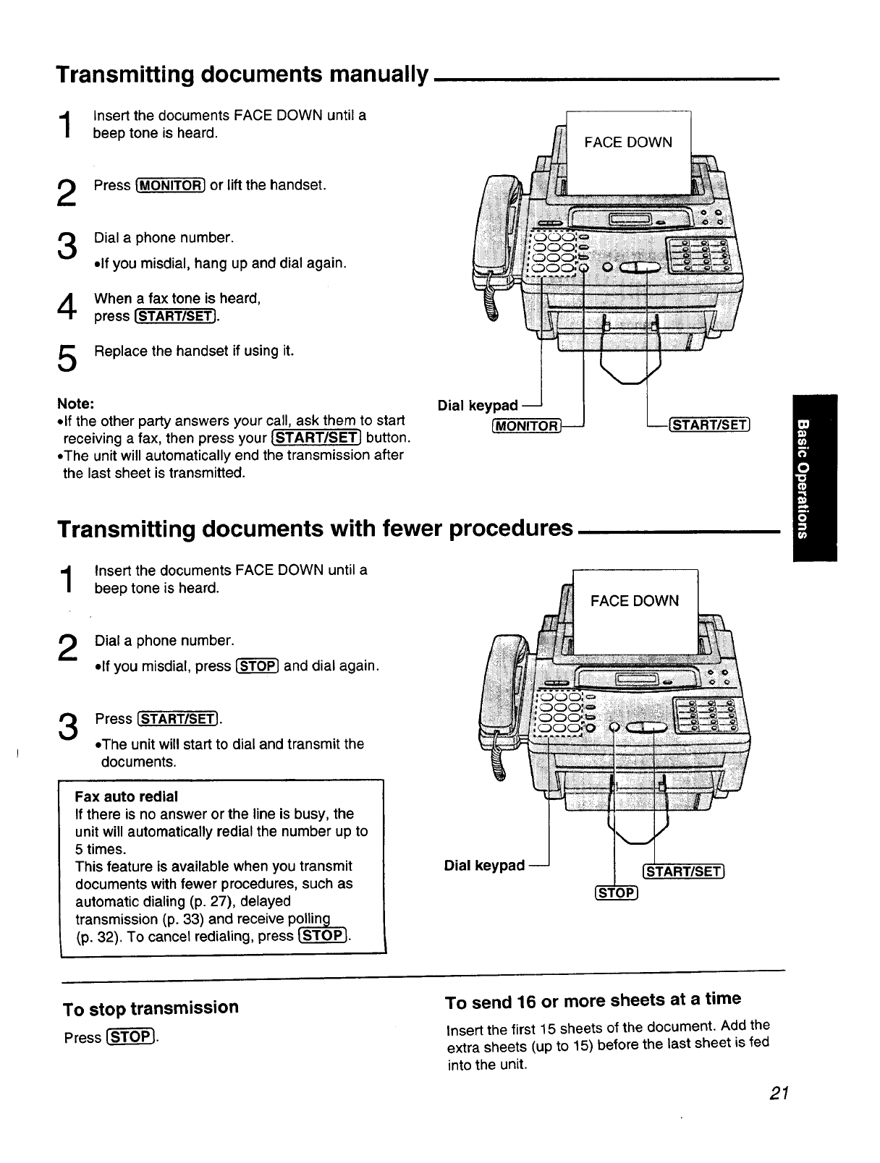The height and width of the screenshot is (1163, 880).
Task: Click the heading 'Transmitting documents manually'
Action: [242, 74]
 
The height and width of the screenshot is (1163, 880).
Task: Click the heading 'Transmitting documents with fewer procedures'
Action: [315, 529]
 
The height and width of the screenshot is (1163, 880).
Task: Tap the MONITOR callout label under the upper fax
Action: [526, 426]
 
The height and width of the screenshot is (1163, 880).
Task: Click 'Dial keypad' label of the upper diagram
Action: [478, 406]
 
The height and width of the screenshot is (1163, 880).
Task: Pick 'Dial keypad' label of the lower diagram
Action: [484, 866]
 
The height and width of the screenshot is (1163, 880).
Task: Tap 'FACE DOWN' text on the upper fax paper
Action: [627, 142]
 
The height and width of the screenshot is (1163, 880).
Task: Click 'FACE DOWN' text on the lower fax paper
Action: [635, 601]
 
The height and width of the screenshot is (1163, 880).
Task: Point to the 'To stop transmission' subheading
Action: [151, 1007]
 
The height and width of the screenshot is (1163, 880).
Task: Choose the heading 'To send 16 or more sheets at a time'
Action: [593, 1000]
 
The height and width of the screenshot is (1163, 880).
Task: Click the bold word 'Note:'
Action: [75, 403]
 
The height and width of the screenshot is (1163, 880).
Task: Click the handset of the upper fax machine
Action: [490, 231]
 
